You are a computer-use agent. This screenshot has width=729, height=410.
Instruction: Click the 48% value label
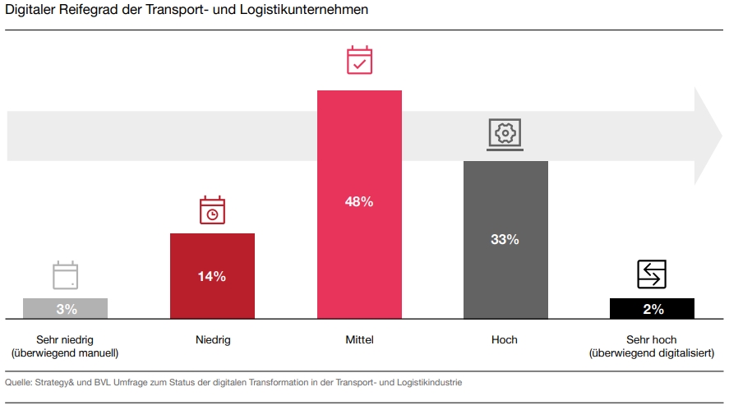point(359,201)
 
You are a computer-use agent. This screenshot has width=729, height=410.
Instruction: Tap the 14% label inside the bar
point(212,276)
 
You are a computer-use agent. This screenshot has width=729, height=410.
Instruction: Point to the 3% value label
point(67,309)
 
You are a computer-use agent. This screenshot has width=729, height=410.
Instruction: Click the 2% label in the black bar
point(653,309)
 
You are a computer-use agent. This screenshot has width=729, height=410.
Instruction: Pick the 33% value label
point(505,239)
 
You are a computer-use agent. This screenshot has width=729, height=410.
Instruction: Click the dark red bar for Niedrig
point(212,296)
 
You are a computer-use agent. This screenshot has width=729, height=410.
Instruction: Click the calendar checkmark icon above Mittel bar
point(359,62)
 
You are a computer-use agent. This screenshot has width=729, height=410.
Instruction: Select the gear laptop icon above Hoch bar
point(505,134)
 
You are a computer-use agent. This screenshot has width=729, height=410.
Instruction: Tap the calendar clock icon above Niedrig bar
point(212,210)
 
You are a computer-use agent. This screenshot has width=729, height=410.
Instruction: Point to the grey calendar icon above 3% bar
point(65,275)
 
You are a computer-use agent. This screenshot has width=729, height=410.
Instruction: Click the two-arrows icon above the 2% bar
point(652,274)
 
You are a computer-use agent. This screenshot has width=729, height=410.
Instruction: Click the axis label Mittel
point(359,339)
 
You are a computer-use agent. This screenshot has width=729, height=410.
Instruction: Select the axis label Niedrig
point(212,339)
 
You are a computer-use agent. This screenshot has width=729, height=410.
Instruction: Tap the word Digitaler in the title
point(31,10)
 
